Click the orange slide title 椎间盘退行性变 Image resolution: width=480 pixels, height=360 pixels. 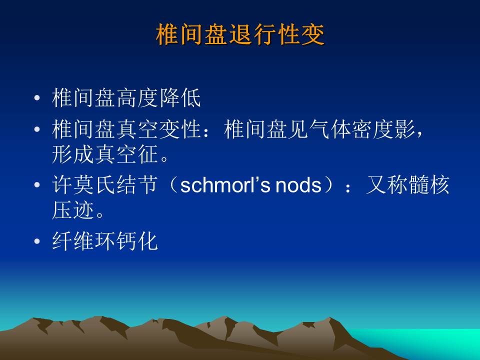(x=240, y=34)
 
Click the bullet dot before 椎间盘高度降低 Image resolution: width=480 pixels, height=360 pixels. (x=37, y=98)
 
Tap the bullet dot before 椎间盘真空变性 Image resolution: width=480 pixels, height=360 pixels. (x=37, y=129)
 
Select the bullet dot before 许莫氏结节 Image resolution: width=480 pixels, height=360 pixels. (x=37, y=184)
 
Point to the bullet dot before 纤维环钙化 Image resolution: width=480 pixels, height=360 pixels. (x=37, y=241)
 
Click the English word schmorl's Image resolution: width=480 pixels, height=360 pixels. (x=225, y=185)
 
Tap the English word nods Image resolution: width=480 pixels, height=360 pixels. (x=298, y=185)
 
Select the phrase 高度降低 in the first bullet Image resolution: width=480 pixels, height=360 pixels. (x=158, y=98)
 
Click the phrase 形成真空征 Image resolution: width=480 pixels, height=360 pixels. (x=104, y=154)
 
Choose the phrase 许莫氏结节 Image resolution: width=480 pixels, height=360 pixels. (x=104, y=184)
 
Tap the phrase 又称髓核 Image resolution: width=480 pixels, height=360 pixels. (x=407, y=184)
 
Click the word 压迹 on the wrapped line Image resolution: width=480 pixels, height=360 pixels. (x=73, y=210)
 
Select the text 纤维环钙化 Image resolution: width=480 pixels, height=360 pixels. (x=104, y=241)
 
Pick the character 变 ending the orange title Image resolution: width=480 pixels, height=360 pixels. (x=313, y=34)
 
